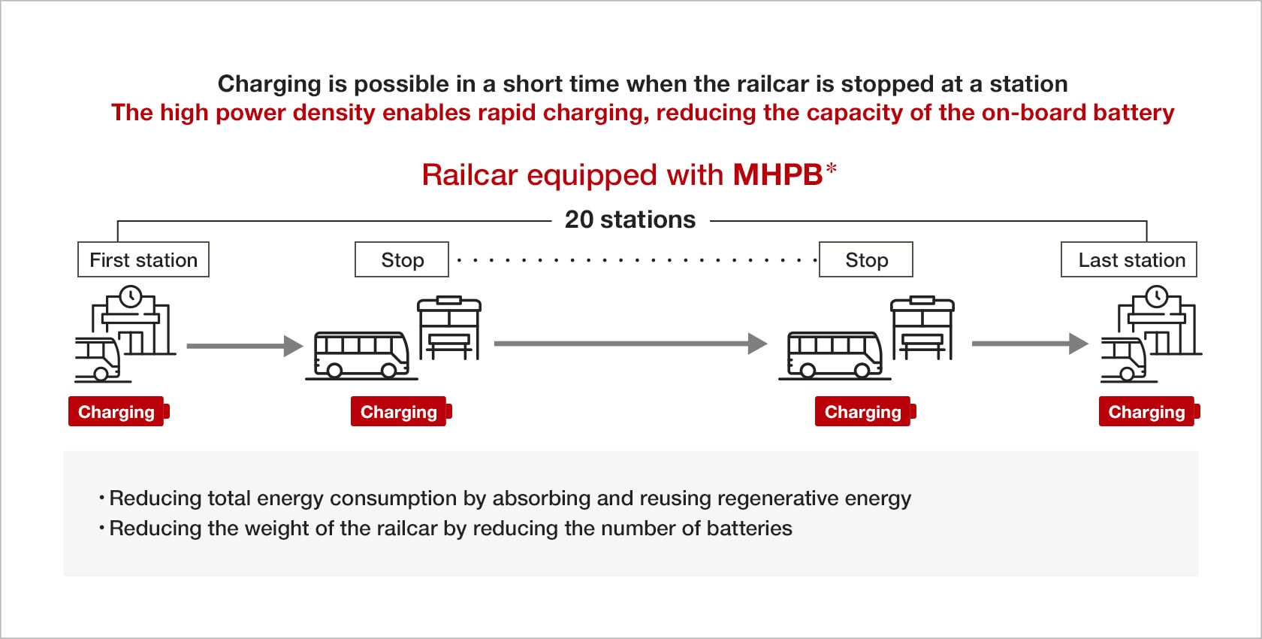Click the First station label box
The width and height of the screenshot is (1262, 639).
click(143, 259)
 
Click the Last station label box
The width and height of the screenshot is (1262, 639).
click(1128, 259)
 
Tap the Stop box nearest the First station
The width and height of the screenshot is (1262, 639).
click(402, 259)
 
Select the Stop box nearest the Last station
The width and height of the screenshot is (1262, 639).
click(866, 259)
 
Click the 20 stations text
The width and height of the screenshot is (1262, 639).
click(630, 220)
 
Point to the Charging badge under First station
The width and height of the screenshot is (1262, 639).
click(117, 412)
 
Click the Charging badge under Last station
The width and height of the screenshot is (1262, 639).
click(1148, 412)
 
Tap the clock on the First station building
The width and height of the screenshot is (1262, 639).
click(131, 296)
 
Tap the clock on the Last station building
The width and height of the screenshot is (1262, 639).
click(1157, 296)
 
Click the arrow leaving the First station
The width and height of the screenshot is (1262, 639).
click(244, 346)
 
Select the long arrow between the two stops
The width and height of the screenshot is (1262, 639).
click(629, 344)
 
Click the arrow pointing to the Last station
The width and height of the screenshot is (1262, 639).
click(1029, 344)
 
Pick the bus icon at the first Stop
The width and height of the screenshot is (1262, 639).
click(361, 354)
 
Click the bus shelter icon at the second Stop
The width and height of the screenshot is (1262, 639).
click(922, 328)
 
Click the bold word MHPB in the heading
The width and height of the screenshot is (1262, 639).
click(777, 175)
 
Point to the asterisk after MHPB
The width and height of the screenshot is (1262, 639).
click(831, 168)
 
